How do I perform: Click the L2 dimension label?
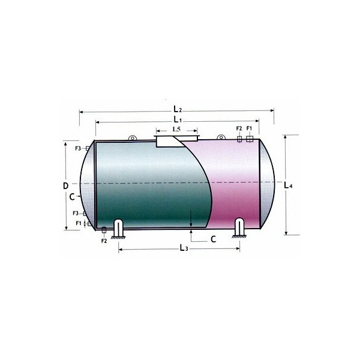pos(178,109)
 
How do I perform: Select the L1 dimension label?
pos(178,119)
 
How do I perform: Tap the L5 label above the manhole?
pos(176,129)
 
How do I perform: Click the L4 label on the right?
pos(288,185)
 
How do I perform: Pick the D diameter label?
pos(65,186)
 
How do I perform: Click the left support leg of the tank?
pos(118,229)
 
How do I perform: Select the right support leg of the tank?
pos(239,228)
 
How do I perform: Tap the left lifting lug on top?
pos(132,138)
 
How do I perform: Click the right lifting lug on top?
pos(221,137)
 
